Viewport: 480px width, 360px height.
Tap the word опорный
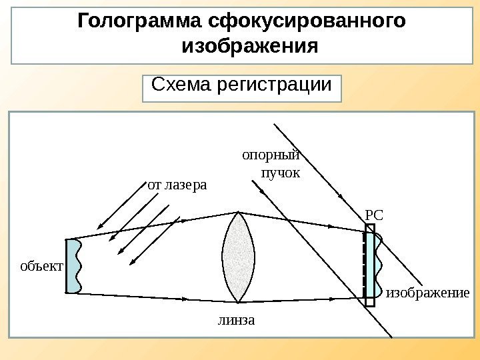(270, 156)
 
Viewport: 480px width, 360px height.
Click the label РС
(375, 215)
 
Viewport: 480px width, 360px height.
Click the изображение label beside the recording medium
(428, 293)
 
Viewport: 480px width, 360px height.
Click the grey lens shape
(238, 257)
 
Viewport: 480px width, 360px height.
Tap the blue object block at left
(73, 265)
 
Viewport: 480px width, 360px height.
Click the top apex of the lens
(238, 212)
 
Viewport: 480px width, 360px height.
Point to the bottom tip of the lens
(238, 302)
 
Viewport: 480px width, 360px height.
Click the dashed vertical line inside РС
(365, 265)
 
